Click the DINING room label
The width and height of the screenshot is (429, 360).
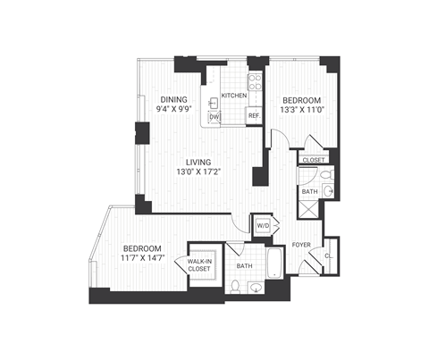click(x=172, y=99)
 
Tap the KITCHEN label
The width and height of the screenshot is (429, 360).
click(x=234, y=96)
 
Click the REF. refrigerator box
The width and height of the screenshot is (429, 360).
click(x=253, y=116)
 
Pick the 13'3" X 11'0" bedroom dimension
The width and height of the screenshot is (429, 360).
click(x=299, y=113)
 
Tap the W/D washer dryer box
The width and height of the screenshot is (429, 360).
click(x=264, y=225)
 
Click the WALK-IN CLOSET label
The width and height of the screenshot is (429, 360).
click(x=199, y=264)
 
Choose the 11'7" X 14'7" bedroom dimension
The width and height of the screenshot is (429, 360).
click(x=142, y=260)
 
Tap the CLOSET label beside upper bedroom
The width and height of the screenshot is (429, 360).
click(x=313, y=160)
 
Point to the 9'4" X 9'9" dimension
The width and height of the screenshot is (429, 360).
click(x=172, y=112)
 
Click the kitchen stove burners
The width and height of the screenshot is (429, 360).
click(x=253, y=83)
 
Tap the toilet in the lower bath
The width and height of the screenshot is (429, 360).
click(x=234, y=286)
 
